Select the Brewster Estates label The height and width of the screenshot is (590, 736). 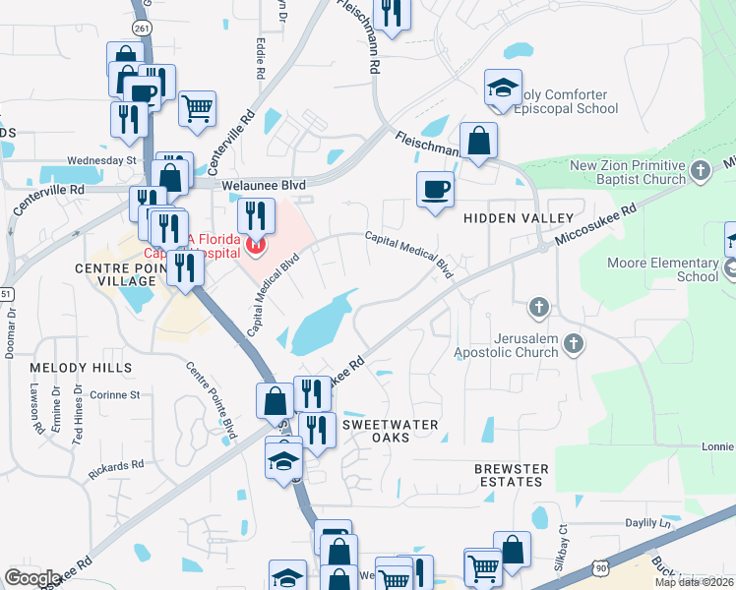[509, 476]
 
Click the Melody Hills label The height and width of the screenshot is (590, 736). [81, 367]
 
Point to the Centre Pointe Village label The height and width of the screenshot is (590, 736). [115, 274]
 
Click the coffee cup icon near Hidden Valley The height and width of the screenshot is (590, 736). [435, 189]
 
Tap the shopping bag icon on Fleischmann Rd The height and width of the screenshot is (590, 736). [478, 140]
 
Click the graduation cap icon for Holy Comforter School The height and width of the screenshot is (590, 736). [503, 88]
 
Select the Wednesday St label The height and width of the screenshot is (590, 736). [101, 159]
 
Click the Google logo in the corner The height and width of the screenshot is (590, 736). [32, 577]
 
